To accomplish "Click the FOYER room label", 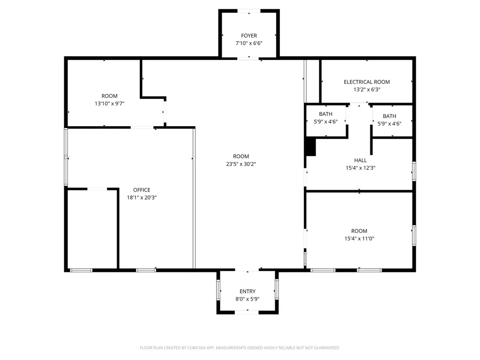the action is tap(249, 36).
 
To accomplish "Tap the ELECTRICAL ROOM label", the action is tap(367, 82).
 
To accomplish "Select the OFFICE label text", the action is tap(142, 190).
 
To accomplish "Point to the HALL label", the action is tap(360, 160).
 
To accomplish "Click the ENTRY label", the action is tap(247, 292).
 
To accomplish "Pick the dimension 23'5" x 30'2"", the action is tap(241, 164).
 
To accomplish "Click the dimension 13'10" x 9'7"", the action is tap(109, 104).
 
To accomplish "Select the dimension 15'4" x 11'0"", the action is tap(359, 239).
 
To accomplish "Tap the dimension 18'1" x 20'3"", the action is tap(142, 198).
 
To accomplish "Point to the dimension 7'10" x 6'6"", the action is tap(249, 44).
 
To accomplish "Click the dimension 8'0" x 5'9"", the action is tap(247, 299).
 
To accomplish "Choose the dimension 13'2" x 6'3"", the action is tap(367, 90).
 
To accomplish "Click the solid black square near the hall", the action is tap(311, 147).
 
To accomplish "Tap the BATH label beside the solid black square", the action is tap(325, 114).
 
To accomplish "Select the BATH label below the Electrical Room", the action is tap(390, 116).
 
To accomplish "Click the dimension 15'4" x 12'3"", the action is tap(360, 168).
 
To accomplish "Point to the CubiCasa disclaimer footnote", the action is tap(240, 348).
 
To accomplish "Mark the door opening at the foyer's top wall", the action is tap(249, 11).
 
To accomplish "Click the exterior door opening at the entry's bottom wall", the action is tap(247, 312).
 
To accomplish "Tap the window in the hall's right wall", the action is tap(414, 172).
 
